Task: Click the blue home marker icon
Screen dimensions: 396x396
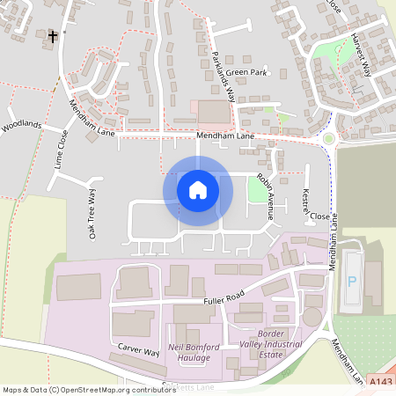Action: tap(198, 190)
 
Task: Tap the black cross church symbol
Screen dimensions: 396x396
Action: tap(54, 37)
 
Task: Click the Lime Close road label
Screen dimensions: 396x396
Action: tap(60, 150)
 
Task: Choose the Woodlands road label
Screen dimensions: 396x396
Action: tap(21, 126)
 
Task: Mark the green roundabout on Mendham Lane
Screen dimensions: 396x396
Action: tap(330, 138)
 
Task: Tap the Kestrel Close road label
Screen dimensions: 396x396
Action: tap(313, 204)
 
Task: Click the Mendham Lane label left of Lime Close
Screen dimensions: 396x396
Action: tap(93, 120)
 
